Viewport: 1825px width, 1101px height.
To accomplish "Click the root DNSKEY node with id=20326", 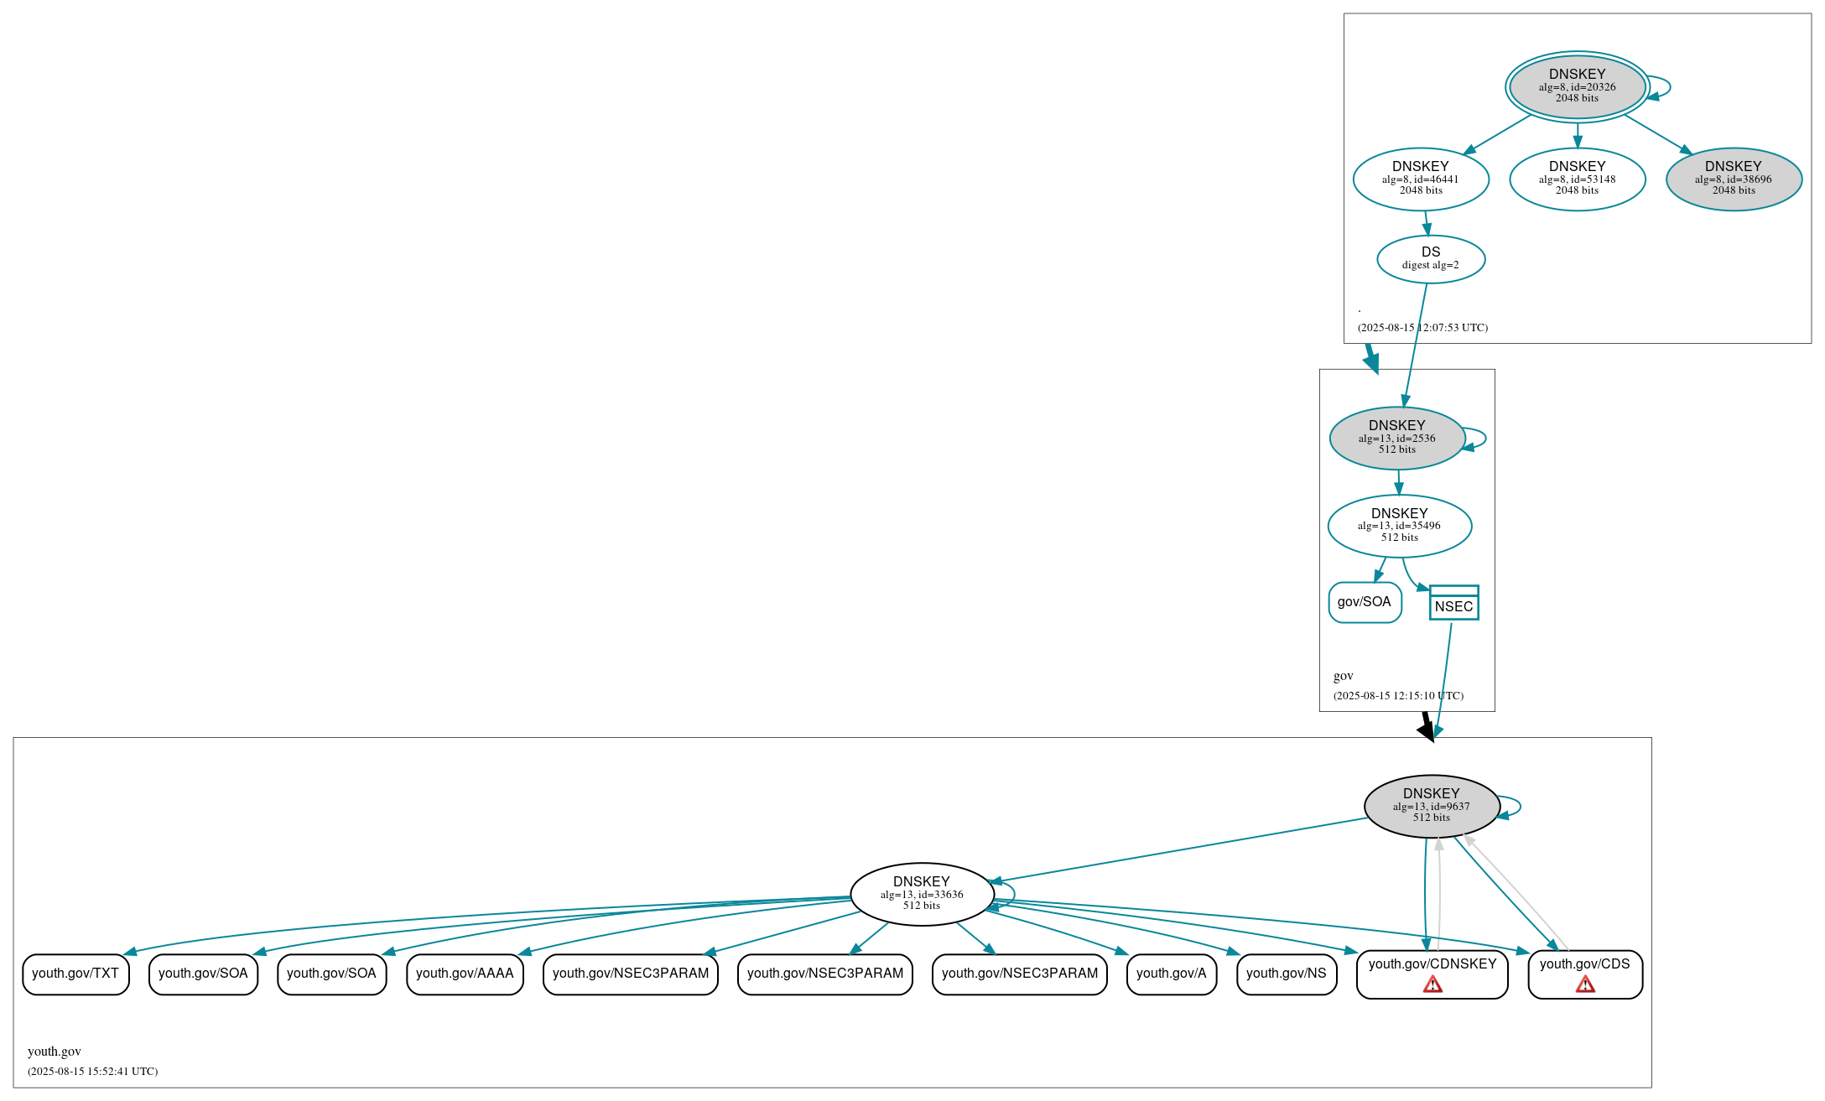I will pos(1577,86).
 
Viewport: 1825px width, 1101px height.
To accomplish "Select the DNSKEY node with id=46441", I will pos(1421,179).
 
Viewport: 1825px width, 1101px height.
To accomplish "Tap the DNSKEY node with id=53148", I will pos(1577,179).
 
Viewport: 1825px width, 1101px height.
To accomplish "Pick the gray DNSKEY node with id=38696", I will pos(1734,179).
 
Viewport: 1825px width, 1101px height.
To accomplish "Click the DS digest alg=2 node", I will pos(1431,259).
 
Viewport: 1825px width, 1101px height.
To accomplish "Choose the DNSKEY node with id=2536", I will pos(1397,438).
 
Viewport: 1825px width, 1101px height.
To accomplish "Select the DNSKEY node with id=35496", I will pos(1399,526).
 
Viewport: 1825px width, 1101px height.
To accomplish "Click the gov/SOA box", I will pos(1365,602).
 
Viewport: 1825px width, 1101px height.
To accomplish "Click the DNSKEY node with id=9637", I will pos(1432,806).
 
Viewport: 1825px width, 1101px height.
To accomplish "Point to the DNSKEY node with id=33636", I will pos(922,894).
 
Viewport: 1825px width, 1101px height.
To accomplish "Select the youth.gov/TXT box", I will pos(75,974).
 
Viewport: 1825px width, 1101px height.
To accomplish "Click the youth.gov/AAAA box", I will pos(465,974).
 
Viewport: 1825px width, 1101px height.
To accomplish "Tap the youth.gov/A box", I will pos(1171,974).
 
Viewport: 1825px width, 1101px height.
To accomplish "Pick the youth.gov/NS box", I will pos(1286,974).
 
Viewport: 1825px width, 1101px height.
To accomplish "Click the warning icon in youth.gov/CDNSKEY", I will pos(1432,984).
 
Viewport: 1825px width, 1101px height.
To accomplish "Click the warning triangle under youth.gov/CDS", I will pos(1585,984).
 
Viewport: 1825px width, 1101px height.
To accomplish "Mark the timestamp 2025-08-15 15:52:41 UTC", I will pos(92,1071).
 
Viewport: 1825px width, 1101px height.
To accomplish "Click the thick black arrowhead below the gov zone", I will pos(1427,730).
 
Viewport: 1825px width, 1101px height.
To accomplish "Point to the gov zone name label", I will pos(1343,676).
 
